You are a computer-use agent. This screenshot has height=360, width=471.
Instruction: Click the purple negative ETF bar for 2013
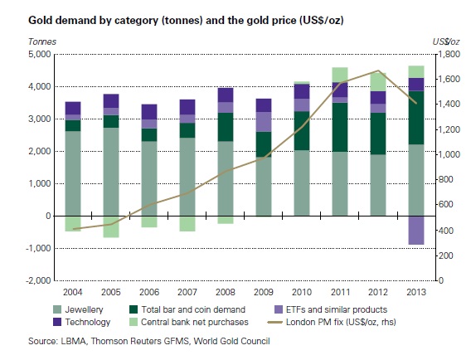point(416,230)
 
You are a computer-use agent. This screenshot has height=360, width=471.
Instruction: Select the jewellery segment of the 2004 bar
point(73,173)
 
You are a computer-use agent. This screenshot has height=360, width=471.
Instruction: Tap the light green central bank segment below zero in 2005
point(111,227)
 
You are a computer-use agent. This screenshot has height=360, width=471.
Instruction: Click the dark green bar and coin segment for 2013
point(416,118)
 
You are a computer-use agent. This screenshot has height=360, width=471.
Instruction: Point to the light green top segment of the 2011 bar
point(340,75)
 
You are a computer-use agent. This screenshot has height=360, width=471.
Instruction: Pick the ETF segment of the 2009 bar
point(264,122)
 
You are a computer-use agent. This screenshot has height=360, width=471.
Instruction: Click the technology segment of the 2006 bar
point(149,112)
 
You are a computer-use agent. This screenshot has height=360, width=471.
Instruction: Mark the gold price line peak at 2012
point(378,71)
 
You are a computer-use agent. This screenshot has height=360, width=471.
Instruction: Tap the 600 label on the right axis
point(445,204)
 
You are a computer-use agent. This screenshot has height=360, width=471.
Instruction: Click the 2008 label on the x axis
point(226,292)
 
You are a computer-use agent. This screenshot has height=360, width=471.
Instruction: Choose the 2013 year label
point(416,292)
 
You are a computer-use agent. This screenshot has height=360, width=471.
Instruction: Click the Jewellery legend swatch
point(57,309)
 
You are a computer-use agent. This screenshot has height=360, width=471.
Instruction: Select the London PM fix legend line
point(274,323)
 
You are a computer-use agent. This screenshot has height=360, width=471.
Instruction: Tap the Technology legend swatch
point(57,322)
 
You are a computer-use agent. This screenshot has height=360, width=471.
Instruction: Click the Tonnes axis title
point(42,41)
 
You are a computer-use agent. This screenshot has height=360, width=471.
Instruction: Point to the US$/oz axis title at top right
point(446,41)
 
